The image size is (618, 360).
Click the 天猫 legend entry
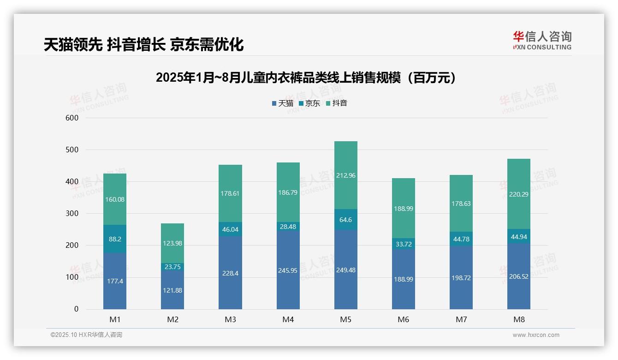click(283, 103)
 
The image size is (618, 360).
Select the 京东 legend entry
click(309, 103)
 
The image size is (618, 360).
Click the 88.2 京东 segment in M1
click(115, 239)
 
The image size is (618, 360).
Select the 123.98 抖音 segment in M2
click(172, 243)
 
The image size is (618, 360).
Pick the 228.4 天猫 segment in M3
click(230, 273)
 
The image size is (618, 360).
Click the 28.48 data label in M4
click(288, 226)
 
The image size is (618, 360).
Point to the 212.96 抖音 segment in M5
click(345, 175)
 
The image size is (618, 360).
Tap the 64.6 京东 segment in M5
click(345, 220)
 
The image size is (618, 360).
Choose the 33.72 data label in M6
click(404, 244)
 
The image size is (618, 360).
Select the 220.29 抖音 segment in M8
click(519, 194)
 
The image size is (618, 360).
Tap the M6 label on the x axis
click(404, 319)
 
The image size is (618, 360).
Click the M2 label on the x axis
click(172, 319)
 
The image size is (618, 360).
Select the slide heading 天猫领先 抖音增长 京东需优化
click(143, 44)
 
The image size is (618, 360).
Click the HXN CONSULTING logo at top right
click(542, 41)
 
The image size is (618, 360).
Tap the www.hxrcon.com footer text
click(536, 335)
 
